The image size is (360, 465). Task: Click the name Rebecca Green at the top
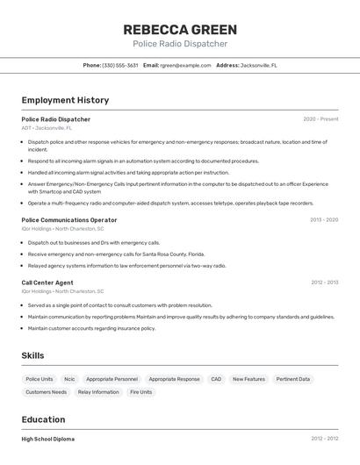point(179,29)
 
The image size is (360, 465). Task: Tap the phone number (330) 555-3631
point(120,65)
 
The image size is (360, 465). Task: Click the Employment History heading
point(65,100)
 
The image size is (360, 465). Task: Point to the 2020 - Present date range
point(320,119)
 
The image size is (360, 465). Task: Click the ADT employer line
point(47,128)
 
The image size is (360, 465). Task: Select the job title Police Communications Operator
point(68,220)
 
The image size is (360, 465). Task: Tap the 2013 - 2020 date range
point(324,220)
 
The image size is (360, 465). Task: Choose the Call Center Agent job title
point(47,283)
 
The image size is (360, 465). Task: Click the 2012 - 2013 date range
point(324,283)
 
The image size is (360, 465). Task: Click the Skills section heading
point(32,355)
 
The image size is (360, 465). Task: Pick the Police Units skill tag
point(40,379)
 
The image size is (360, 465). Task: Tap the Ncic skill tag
point(69,379)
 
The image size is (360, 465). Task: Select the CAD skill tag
point(216,379)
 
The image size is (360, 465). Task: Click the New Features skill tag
point(248,379)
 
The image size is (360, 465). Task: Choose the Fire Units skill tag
point(141,392)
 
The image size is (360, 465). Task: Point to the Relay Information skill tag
point(98,392)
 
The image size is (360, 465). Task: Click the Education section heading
point(44,420)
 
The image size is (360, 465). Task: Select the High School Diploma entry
point(48,439)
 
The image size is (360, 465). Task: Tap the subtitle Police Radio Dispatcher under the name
point(179,44)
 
